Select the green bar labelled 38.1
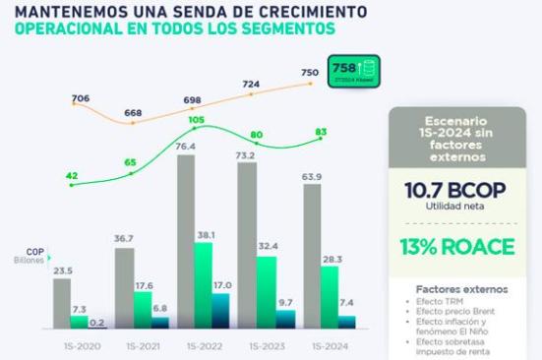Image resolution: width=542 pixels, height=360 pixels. (204, 285)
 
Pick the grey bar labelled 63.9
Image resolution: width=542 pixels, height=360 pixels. (311, 256)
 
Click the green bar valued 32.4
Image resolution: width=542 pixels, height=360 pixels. (266, 292)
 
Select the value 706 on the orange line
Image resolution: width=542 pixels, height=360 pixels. (81, 98)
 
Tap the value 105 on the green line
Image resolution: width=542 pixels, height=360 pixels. (195, 121)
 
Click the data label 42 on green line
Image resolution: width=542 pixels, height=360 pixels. (71, 176)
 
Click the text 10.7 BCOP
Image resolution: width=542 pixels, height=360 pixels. (456, 190)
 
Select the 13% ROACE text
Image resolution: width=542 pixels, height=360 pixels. (456, 245)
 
